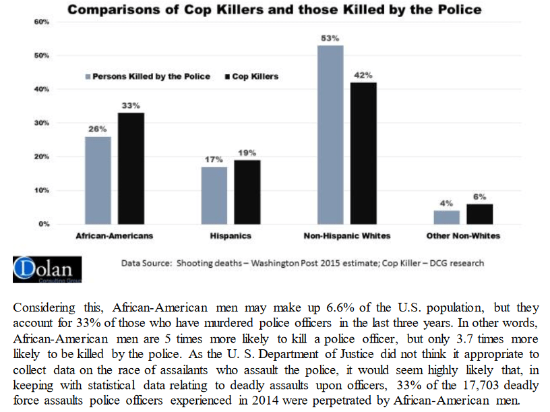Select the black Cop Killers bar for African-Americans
[x=131, y=168]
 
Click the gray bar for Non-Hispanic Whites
[x=330, y=134]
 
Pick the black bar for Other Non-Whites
[x=479, y=213]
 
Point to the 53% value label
[x=330, y=38]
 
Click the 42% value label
[x=364, y=76]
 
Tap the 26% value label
[x=98, y=129]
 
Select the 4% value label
[x=446, y=203]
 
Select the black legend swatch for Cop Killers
[x=226, y=76]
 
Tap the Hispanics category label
[x=232, y=236]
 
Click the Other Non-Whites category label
[x=463, y=236]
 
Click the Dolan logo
[x=47, y=269]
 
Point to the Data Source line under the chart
[x=302, y=263]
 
